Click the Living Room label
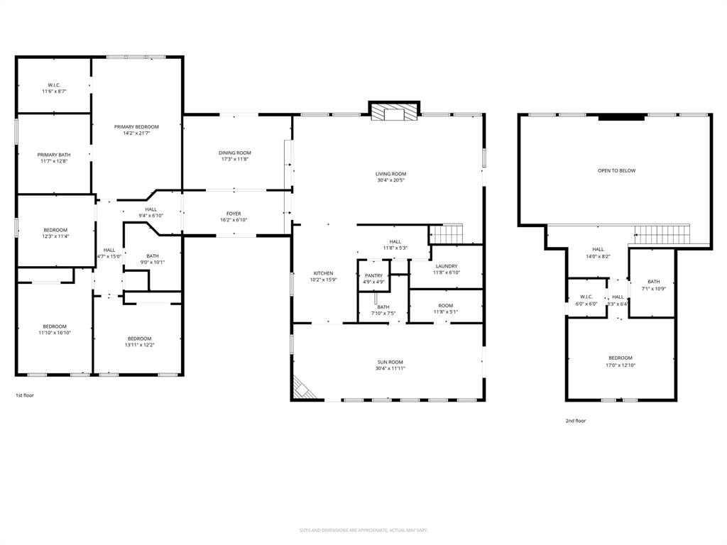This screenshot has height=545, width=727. tap(390, 174)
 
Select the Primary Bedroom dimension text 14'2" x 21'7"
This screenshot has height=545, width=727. tap(136, 133)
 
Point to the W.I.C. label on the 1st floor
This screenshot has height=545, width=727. tap(54, 85)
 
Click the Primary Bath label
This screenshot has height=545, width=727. tap(54, 155)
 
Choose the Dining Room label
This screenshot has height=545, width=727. tap(234, 153)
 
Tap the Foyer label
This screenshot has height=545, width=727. tap(234, 214)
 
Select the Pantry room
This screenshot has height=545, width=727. tap(373, 278)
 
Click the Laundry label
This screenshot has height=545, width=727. tap(447, 266)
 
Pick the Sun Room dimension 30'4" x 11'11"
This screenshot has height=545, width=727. tap(390, 368)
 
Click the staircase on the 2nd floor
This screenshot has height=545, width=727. tap(662, 233)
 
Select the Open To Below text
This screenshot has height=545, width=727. tap(616, 170)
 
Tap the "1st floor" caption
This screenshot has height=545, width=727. tap(25, 395)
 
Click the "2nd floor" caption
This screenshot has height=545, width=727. tap(575, 421)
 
